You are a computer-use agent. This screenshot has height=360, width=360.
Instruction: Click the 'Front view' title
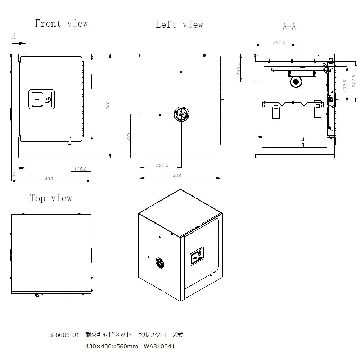[62, 23]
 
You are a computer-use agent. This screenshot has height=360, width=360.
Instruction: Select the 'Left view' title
[179, 24]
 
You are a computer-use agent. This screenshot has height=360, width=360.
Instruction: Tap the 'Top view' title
[51, 198]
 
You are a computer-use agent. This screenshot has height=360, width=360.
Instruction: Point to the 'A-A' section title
[289, 26]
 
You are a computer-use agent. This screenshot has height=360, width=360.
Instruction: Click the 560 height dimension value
[108, 105]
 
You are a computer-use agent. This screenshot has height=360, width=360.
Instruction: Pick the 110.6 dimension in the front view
[80, 169]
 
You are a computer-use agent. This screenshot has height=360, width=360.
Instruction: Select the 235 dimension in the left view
[129, 136]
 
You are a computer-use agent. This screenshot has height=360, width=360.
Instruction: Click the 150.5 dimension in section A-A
[238, 69]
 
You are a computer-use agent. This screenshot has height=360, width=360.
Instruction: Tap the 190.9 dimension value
[345, 86]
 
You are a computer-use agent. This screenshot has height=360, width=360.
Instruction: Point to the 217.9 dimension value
[354, 81]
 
